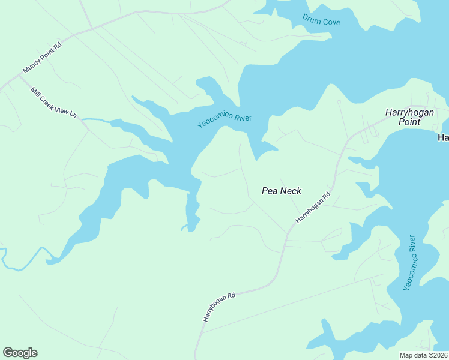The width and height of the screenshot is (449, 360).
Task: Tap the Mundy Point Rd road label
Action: (x=42, y=58)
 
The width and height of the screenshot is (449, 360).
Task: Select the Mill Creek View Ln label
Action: (x=54, y=102)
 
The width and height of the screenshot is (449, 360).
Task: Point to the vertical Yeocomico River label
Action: (x=410, y=262)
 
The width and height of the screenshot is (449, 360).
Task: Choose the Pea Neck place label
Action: (x=282, y=191)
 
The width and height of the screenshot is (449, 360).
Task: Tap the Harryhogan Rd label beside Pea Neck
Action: (x=313, y=208)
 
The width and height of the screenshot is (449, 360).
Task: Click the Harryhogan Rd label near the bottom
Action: (x=219, y=307)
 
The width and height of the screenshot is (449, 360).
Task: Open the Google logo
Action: (x=20, y=353)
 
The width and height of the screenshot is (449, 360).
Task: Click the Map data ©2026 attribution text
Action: (x=424, y=355)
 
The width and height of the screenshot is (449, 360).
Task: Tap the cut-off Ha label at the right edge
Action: (x=443, y=137)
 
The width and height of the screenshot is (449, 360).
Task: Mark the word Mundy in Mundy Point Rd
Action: (x=31, y=67)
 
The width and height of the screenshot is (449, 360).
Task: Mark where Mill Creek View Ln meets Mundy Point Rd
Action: (x=19, y=76)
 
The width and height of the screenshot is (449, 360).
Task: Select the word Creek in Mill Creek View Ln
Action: (x=52, y=100)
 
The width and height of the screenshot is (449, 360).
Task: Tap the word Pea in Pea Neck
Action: (x=269, y=191)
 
